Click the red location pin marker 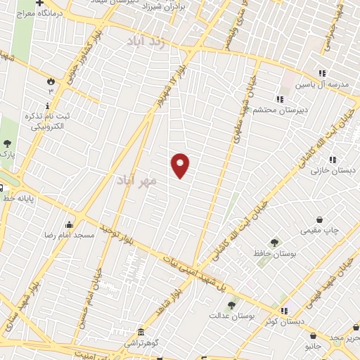pyautogui.click(x=181, y=165)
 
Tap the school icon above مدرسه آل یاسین pyautogui.click(x=321, y=73)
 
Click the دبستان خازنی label pyautogui.click(x=333, y=171)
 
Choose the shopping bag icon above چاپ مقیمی pyautogui.click(x=321, y=219)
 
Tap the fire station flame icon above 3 pyautogui.click(x=50, y=80)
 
